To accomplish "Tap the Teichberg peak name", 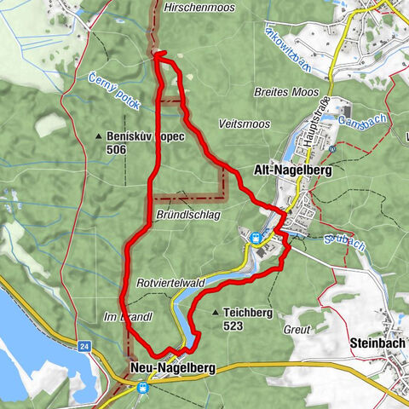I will click(247, 313).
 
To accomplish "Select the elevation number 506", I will click(118, 149).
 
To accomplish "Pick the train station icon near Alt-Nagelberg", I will click(254, 237).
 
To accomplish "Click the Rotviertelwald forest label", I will click(170, 283).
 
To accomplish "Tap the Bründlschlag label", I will click(188, 216).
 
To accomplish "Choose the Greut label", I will click(297, 326).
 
